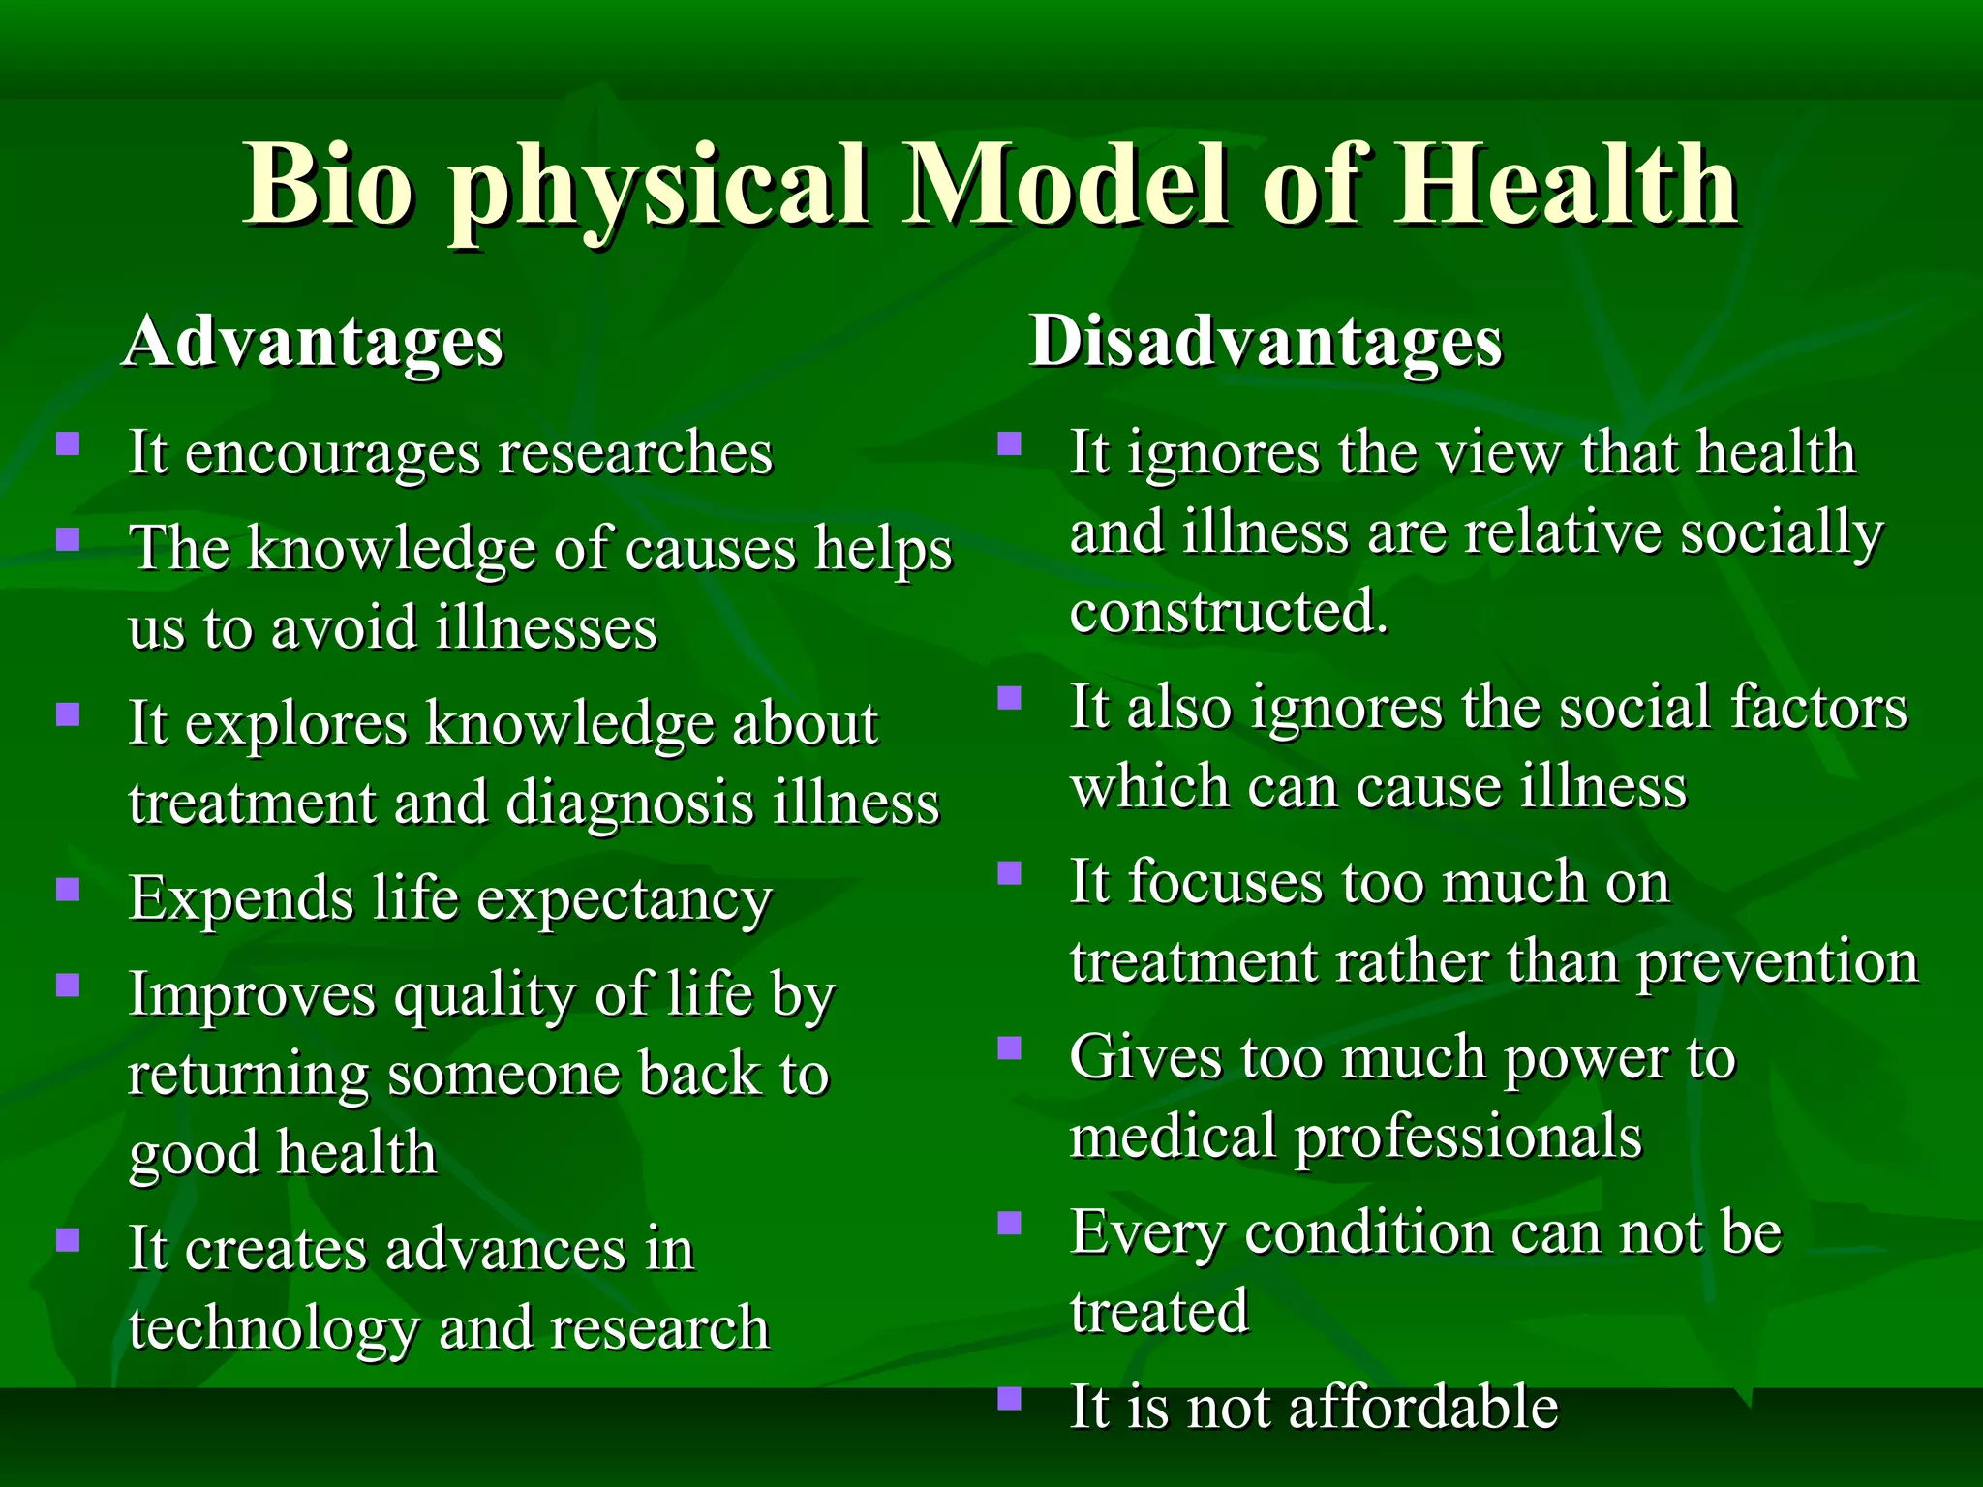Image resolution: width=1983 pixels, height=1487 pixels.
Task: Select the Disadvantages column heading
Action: pyautogui.click(x=1266, y=342)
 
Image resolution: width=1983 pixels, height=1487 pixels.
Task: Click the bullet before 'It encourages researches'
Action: pyautogui.click(x=68, y=444)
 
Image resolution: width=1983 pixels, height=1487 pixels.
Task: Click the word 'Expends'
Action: pyautogui.click(x=241, y=899)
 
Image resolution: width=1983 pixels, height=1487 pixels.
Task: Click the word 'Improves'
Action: pyautogui.click(x=252, y=996)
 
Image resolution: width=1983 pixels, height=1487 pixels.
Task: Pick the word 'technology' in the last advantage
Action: pyautogui.click(x=274, y=1329)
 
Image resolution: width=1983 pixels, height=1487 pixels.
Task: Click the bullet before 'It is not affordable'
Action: pyautogui.click(x=1010, y=1399)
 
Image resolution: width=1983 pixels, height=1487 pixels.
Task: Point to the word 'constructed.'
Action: pyautogui.click(x=1229, y=613)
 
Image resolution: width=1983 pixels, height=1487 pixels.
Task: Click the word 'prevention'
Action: pyautogui.click(x=1778, y=963)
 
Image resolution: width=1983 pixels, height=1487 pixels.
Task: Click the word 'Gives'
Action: pyautogui.click(x=1145, y=1057)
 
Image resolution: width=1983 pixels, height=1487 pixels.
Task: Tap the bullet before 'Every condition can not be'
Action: pyautogui.click(x=1010, y=1224)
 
